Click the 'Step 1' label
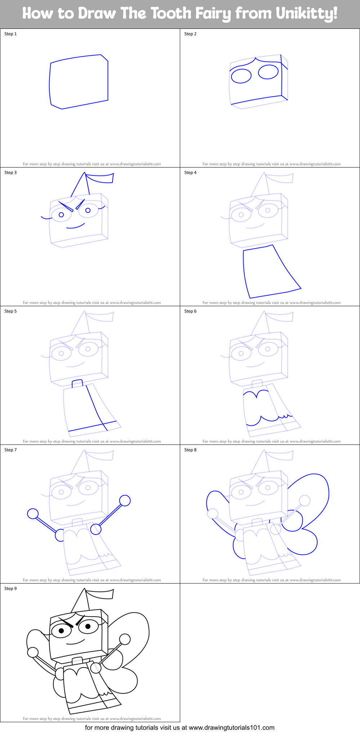[x=10, y=34]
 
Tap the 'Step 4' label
[x=190, y=173]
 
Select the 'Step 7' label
[x=10, y=450]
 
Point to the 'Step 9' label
[x=10, y=589]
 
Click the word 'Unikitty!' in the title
[x=307, y=13]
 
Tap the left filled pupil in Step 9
[x=61, y=631]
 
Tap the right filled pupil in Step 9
[x=88, y=627]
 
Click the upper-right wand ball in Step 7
[x=125, y=500]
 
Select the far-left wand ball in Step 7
[x=33, y=514]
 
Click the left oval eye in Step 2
[x=241, y=76]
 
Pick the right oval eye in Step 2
[x=268, y=72]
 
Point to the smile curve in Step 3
[x=76, y=227]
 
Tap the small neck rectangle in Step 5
[x=77, y=384]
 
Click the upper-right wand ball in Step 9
[x=125, y=639]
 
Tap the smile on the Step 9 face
[x=76, y=642]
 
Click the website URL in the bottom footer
[x=232, y=728]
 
